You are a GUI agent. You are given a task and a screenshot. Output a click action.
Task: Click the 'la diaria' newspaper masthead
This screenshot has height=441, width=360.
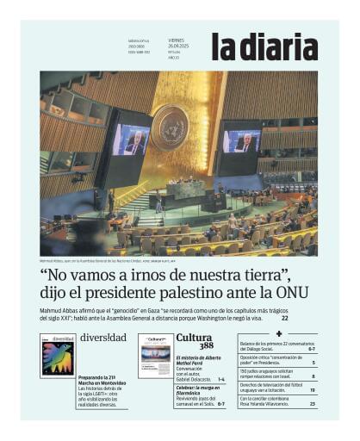[x=264, y=47]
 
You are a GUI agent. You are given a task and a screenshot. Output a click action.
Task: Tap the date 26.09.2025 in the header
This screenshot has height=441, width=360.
[x=178, y=46]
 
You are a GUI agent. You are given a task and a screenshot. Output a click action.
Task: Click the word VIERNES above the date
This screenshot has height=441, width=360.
[x=176, y=40]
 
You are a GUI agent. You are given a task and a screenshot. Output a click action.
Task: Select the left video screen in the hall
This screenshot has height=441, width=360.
[x=129, y=140]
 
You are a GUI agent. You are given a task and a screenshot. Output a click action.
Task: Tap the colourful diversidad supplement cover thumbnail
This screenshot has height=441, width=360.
[x=57, y=355]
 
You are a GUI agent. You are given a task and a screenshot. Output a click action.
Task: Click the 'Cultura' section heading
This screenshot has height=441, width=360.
[x=194, y=337]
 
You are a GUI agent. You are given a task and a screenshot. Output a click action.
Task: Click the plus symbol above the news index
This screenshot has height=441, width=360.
[x=278, y=333]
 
